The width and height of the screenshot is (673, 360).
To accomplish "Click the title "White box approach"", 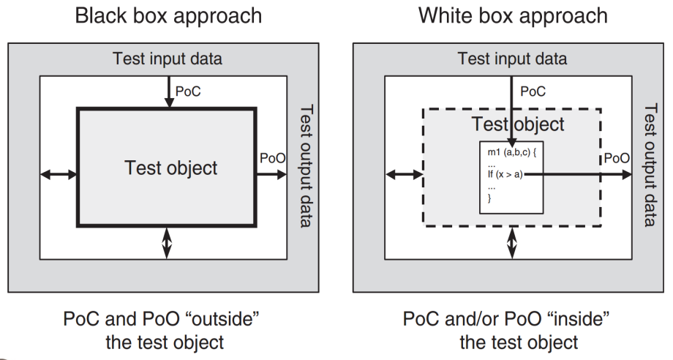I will tap(512, 15).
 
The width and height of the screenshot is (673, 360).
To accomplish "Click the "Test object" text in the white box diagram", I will tap(517, 124).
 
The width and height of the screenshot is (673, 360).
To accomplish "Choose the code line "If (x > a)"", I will tap(505, 174).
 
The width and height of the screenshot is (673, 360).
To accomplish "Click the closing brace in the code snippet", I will tap(489, 198).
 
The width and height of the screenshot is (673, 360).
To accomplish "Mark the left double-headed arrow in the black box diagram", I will tap(59, 174).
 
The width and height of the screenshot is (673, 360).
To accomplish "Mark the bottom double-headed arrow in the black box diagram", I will tap(167, 242).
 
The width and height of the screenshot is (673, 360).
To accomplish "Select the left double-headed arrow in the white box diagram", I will tap(404, 174).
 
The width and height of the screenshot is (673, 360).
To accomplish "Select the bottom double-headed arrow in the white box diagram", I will tap(512, 242).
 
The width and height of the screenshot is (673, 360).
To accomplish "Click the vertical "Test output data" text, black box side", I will tap(307, 165).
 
